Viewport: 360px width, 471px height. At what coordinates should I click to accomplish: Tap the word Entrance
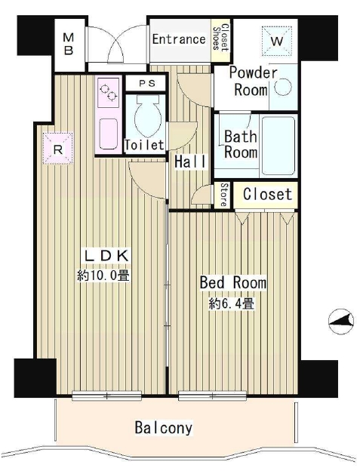point(179,39)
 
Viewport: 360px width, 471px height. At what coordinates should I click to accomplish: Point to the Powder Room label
point(253,82)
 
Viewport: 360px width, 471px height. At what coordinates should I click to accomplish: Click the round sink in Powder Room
point(282,88)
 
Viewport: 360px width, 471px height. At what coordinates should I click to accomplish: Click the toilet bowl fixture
point(145,115)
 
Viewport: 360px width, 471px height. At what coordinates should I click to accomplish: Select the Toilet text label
point(144,145)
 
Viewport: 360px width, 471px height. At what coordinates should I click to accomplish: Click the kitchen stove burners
point(108,95)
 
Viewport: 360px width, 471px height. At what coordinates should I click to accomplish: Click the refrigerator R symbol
point(58,147)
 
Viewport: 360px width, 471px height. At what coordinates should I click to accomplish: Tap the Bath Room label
point(241,144)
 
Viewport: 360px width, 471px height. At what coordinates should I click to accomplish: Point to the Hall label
point(186,162)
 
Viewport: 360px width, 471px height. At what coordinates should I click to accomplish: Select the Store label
point(224,194)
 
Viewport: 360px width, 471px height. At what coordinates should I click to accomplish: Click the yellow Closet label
point(267,194)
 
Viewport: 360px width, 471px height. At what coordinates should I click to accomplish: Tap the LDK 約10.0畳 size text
point(104,266)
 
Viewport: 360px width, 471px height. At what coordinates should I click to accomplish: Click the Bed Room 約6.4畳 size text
point(232,294)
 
